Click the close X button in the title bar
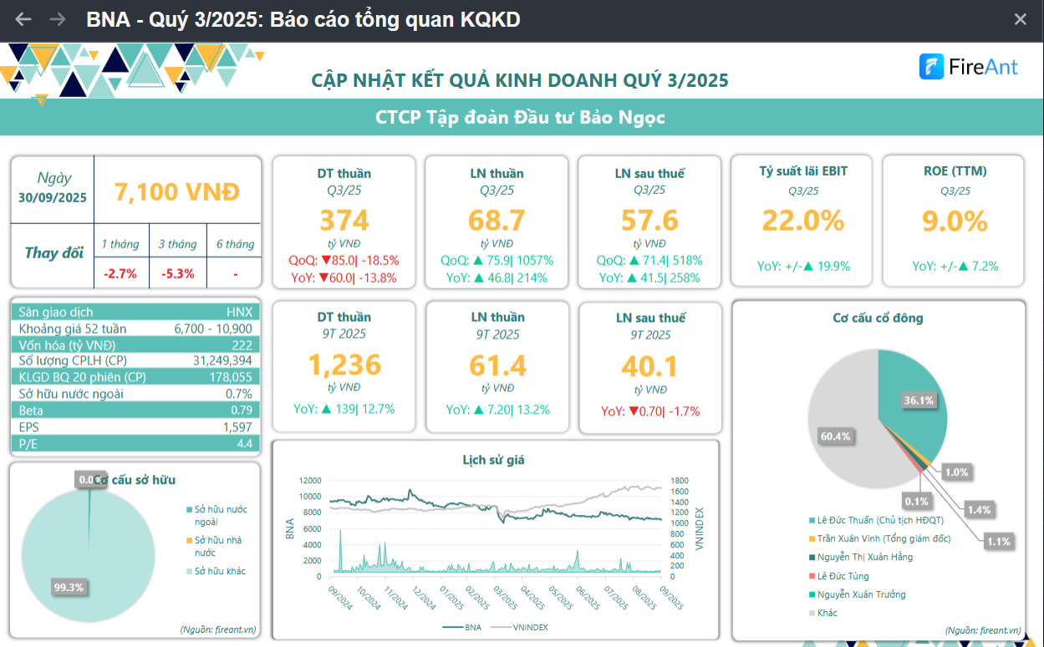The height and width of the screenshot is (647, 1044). coord(1020,19)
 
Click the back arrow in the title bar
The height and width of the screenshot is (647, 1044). coord(23,19)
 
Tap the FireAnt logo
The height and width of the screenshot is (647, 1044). coord(969,67)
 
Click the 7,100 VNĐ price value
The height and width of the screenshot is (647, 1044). coord(177,192)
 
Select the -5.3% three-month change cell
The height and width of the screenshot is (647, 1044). coord(177,273)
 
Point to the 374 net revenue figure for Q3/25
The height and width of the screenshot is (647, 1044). coord(344,221)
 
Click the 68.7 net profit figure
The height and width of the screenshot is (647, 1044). coord(497,221)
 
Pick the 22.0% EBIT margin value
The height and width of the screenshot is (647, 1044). coord(803,221)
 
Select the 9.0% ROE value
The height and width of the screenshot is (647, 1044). coord(955,221)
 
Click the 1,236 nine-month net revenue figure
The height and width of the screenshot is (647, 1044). coord(344,365)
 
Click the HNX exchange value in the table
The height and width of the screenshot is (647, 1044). coord(239,312)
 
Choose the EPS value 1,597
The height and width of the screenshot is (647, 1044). coord(237,427)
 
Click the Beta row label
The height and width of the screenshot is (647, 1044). coord(31,410)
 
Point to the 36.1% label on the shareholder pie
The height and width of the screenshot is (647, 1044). coord(918,400)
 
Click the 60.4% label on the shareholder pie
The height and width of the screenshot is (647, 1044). coord(835,436)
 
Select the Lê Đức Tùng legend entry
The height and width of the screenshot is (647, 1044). coord(843,576)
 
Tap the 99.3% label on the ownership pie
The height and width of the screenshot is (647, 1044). coord(69,588)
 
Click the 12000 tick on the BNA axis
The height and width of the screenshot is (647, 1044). coord(309,481)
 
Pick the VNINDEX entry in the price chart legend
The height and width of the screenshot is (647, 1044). coord(530,627)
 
